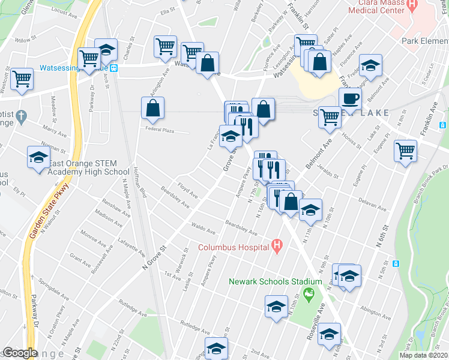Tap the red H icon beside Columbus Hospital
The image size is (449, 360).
(x=276, y=245)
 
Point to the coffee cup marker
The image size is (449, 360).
(x=350, y=98)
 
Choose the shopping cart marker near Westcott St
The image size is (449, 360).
(x=22, y=78)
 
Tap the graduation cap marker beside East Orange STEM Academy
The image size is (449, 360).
(x=38, y=158)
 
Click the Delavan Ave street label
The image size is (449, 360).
(x=373, y=205)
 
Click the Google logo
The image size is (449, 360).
(x=20, y=353)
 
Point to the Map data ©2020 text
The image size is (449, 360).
(x=423, y=355)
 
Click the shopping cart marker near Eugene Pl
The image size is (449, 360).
(x=406, y=149)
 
